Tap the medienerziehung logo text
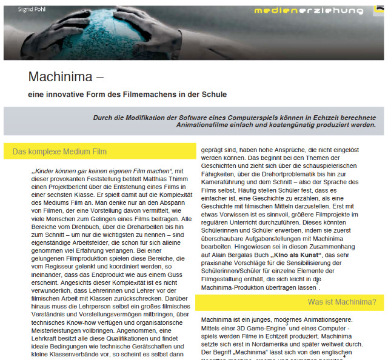pos(309,10)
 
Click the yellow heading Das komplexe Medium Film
pos(59,151)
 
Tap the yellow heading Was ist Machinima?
pos(341,301)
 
